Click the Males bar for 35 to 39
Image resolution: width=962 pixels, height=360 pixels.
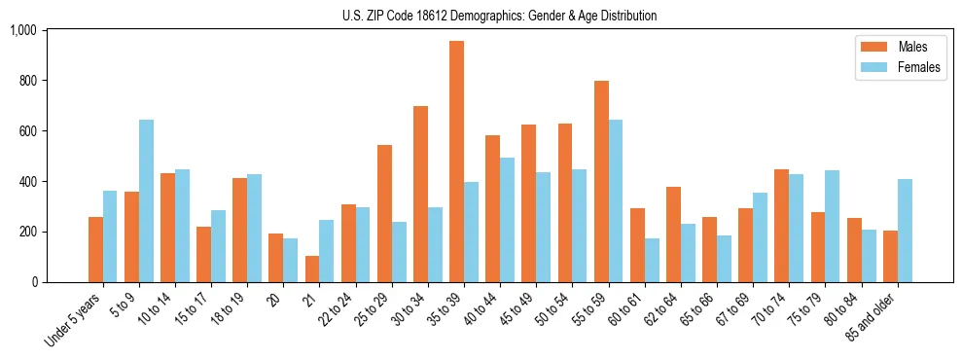[457, 162]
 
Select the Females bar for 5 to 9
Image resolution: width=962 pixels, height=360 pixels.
[146, 200]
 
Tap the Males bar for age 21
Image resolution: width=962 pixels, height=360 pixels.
[312, 269]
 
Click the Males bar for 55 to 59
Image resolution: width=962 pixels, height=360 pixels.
[601, 181]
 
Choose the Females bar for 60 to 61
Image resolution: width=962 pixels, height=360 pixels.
[652, 260]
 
